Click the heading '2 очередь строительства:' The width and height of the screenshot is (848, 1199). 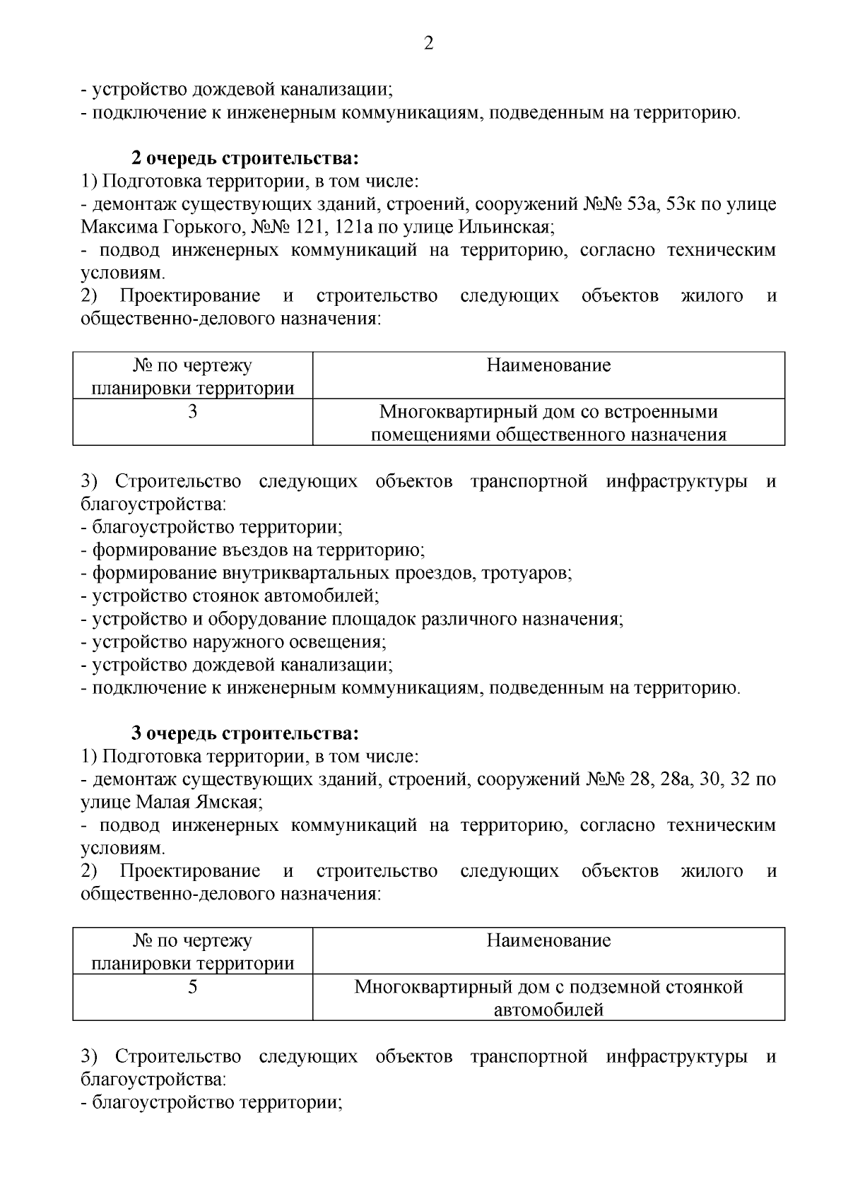(x=245, y=158)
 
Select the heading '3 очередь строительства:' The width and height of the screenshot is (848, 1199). (x=245, y=733)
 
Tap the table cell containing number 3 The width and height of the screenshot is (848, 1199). (x=192, y=412)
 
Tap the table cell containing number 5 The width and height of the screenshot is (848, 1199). (x=192, y=987)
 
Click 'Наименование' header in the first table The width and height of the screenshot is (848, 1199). (x=548, y=366)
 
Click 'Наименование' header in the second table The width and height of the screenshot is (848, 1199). (x=548, y=941)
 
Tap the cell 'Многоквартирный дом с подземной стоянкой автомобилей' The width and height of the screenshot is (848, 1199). (x=548, y=998)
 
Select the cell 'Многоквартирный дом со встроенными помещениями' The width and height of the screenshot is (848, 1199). (x=548, y=423)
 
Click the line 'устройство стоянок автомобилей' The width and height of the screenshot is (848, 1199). (x=233, y=596)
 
